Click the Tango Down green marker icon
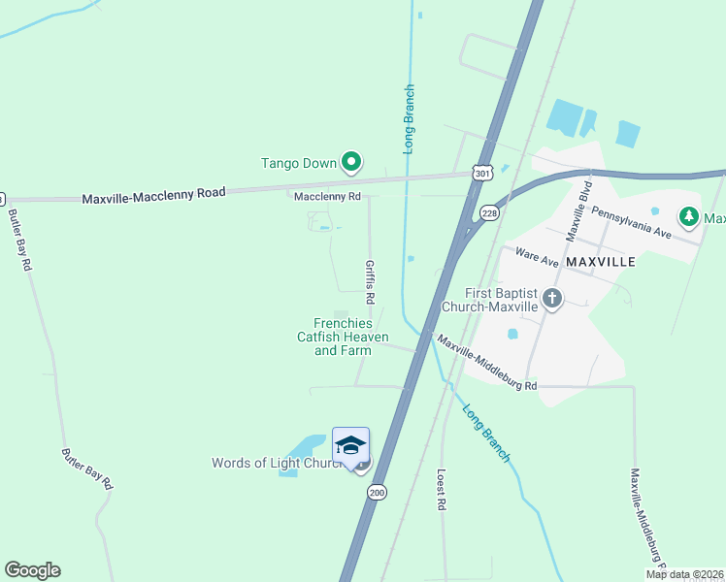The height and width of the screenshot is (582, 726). click(351, 163)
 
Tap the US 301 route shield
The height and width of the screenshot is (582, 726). click(481, 172)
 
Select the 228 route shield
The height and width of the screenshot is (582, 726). click(488, 213)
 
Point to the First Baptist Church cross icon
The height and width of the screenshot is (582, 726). click(552, 298)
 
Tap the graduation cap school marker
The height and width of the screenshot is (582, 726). click(350, 445)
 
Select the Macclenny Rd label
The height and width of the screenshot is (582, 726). click(327, 196)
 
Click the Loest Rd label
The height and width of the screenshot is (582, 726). click(441, 491)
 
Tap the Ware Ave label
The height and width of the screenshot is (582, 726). click(537, 255)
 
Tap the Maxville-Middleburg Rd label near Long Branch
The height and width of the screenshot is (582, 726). click(485, 364)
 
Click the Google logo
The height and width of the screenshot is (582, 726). click(32, 570)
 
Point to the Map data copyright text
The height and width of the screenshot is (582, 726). click(684, 574)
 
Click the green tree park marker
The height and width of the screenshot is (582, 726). click(689, 215)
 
